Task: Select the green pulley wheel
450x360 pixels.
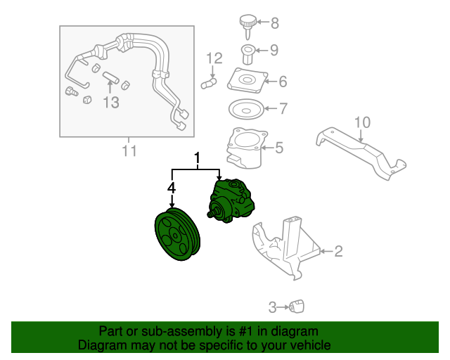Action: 176,236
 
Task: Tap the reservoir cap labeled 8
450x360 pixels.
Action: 247,22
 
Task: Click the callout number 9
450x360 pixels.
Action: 275,50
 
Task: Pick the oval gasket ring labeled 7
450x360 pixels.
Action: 246,110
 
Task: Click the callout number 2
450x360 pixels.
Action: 337,250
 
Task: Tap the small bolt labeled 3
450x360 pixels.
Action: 298,306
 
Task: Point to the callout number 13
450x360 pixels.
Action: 110,103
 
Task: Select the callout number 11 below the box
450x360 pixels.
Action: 129,150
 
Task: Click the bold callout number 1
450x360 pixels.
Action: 198,159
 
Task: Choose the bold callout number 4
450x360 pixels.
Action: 171,188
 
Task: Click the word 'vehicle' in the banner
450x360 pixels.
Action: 308,345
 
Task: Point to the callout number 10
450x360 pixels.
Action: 361,123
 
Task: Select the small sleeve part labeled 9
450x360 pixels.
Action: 247,53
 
